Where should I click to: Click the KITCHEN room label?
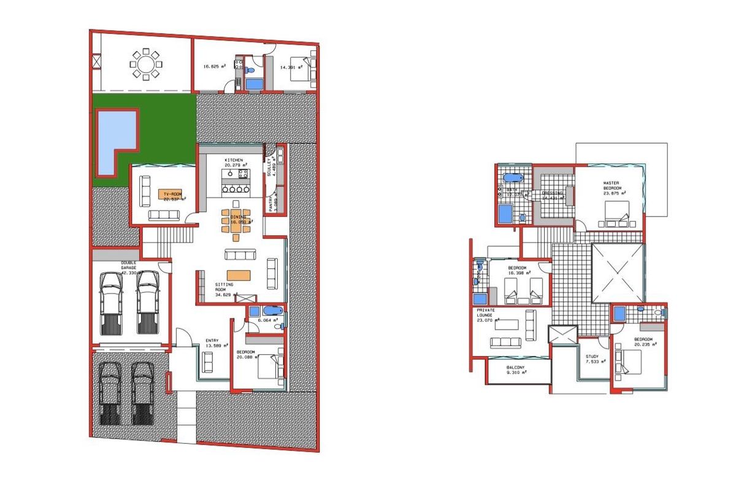(x=234, y=160)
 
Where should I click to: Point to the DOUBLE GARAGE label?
(x=128, y=266)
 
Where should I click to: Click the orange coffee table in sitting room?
(x=240, y=276)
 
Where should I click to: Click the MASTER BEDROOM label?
(x=611, y=185)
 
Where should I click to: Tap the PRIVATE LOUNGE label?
(x=486, y=314)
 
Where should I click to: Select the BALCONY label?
(x=516, y=367)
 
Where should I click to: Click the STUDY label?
(x=592, y=356)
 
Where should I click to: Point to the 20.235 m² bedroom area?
(x=643, y=346)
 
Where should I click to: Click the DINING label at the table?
(x=237, y=217)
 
